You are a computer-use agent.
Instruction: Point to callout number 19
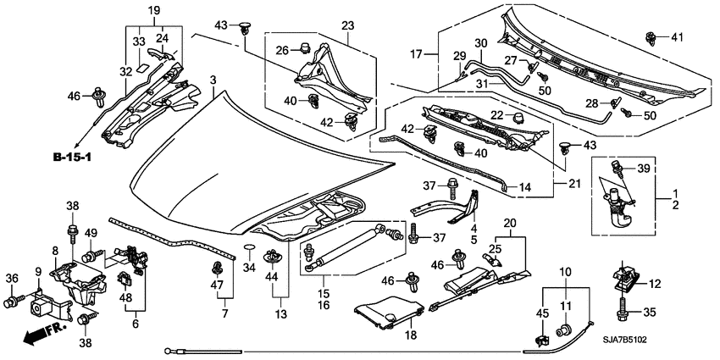click(154, 10)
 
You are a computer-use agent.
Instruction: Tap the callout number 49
click(91, 234)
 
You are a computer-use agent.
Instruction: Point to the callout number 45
click(542, 314)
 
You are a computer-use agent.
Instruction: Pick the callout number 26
click(282, 47)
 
